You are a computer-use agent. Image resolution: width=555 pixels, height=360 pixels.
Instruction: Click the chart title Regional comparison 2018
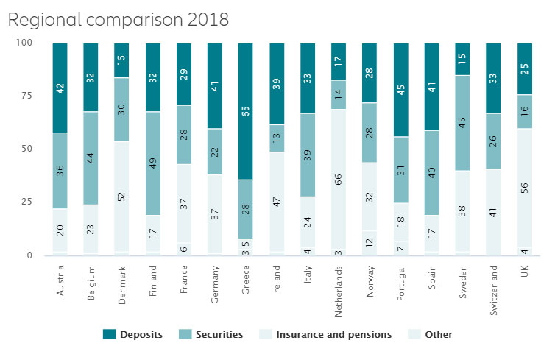(119, 20)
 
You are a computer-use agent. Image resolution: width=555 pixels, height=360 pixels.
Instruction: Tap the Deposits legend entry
(135, 334)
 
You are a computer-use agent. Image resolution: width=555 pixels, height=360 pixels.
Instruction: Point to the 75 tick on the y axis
(27, 96)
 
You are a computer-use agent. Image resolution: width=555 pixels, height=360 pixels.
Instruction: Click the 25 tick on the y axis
(27, 202)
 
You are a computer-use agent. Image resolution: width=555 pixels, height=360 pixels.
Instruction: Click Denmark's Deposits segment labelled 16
(121, 60)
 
